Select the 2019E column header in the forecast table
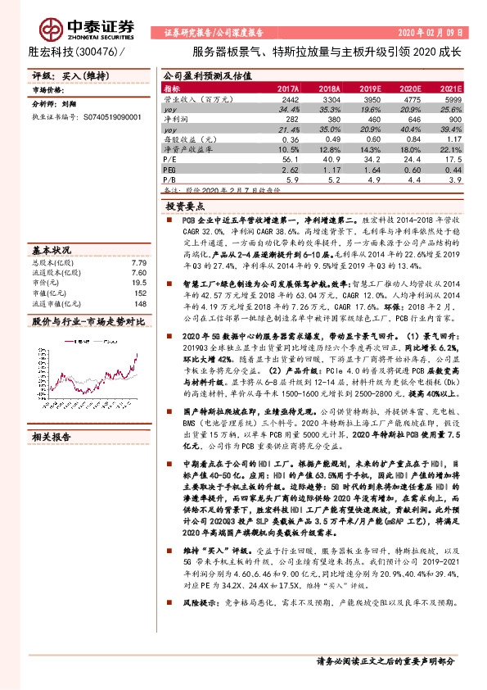click(370, 88)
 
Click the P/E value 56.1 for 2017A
click(290, 159)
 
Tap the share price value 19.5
click(139, 281)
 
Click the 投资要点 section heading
click(185, 207)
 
